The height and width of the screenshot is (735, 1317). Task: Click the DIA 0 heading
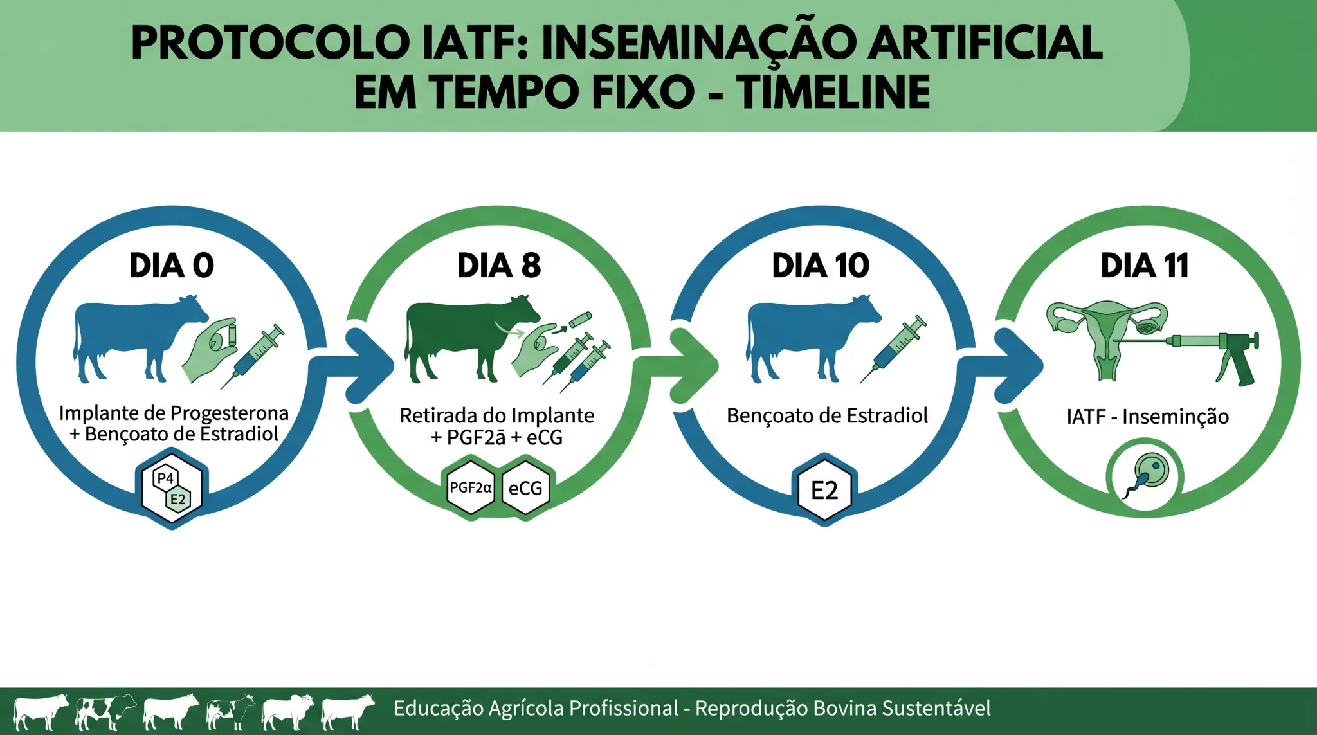[x=172, y=266]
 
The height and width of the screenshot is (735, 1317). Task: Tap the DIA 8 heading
[x=499, y=266]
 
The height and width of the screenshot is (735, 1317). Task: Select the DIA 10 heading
[x=821, y=266]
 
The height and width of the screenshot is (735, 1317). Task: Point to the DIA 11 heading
[x=1145, y=266]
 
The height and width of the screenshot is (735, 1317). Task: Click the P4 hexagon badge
[x=166, y=478]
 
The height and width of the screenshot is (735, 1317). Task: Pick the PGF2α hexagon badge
[x=471, y=488]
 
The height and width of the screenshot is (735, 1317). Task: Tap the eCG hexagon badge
[x=525, y=488]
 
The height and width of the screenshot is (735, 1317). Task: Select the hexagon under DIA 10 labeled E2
[x=824, y=490]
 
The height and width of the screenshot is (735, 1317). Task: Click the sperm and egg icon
[x=1145, y=476]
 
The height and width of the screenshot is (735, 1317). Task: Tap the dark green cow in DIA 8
[x=471, y=338]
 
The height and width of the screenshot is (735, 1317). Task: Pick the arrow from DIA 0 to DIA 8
[x=356, y=365]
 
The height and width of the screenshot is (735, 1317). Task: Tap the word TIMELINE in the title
[x=833, y=92]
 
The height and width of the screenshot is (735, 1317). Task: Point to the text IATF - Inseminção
[x=1148, y=417]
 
